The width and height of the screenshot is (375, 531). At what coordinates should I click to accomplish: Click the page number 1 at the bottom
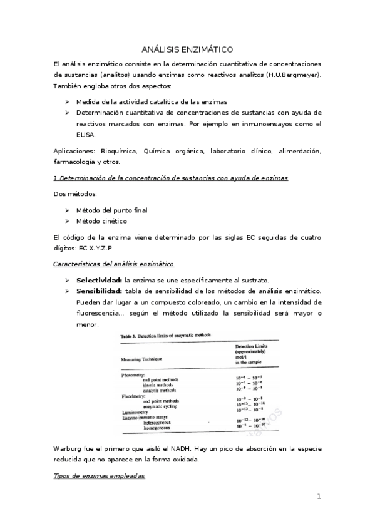[319, 497]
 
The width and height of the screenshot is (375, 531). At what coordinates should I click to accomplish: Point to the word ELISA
[86, 135]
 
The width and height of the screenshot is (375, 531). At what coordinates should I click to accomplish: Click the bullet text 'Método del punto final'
[111, 210]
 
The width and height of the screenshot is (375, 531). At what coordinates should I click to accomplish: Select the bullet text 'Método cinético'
[101, 221]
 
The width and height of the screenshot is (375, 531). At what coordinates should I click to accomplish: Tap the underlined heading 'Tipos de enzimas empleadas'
[99, 477]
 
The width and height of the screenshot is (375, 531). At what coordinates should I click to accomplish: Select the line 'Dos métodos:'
[71, 194]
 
